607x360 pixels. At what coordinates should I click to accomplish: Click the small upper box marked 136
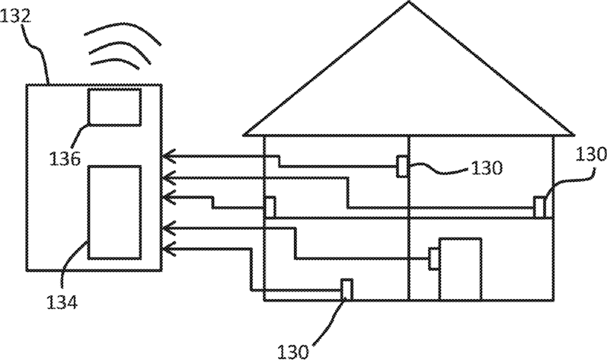114,107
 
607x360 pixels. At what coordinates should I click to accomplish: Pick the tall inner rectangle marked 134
114,212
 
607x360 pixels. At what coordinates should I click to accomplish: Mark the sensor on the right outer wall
538,206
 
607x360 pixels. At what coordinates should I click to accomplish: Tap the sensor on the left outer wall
269,205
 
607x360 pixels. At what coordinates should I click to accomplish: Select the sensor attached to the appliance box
433,258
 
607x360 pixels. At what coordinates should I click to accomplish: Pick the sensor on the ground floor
346,289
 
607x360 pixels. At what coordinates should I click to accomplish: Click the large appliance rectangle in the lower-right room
460,268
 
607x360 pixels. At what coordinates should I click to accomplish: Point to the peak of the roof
408,4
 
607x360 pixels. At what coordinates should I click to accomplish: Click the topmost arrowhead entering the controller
168,158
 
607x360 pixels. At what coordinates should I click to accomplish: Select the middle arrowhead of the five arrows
168,197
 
